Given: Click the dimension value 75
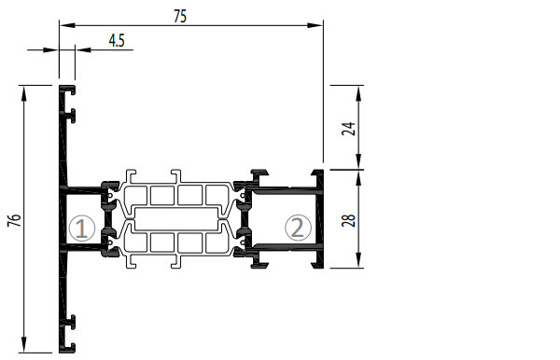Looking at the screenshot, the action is pos(180,17).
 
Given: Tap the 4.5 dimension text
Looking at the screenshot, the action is pos(117,41).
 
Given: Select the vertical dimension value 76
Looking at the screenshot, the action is pos(14,220).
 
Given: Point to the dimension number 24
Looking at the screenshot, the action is pos(348,129).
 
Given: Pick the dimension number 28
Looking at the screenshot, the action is pos(348,220).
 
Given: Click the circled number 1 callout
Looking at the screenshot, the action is pos(82,228).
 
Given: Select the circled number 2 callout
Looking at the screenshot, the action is pos(298,228).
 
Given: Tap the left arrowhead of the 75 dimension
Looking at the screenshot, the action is pos(67,25).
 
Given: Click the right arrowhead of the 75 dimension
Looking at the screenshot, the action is pos(315,25).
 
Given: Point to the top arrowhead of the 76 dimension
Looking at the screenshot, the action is pos(24,93).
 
